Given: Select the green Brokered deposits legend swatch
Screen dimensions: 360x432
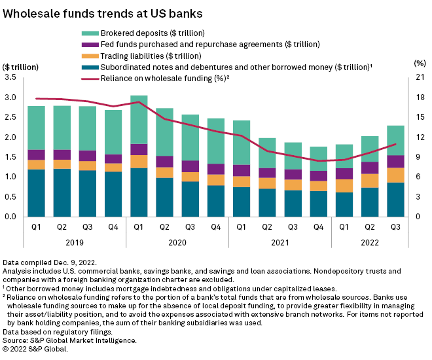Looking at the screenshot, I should [x=88, y=33].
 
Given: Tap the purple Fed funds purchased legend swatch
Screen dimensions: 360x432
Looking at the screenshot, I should [x=88, y=45].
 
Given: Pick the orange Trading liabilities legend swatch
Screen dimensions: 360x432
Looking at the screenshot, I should [x=88, y=56].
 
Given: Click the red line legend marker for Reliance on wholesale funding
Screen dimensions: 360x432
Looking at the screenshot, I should [x=88, y=79].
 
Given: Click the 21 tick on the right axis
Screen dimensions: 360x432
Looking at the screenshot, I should [x=418, y=78].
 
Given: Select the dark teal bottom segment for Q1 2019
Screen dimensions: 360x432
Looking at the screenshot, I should [x=36, y=193].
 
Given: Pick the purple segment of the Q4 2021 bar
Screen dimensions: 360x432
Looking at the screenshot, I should [x=319, y=175].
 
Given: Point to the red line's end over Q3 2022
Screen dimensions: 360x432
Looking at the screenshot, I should [x=395, y=144].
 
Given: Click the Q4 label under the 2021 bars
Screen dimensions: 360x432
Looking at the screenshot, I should [x=319, y=226].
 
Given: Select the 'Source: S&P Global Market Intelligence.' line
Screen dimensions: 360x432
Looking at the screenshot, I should [x=70, y=340].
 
